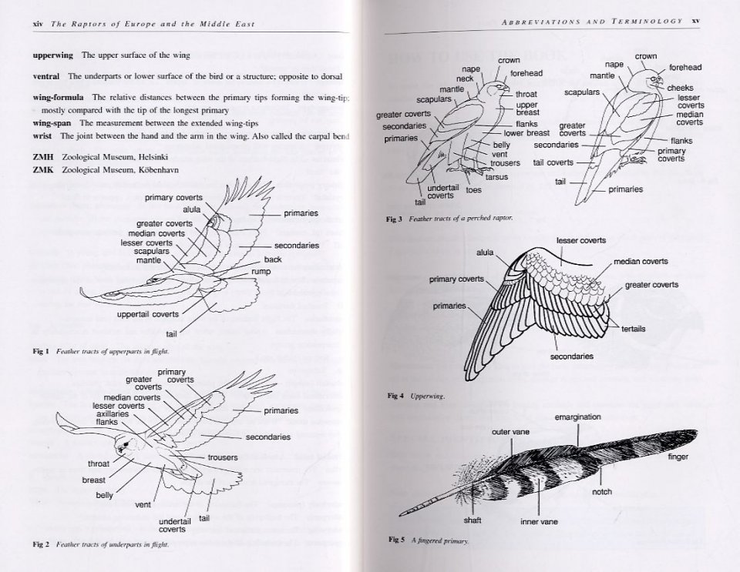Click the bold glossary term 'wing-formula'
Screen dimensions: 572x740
(59, 98)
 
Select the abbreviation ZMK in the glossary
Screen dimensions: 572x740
(43, 169)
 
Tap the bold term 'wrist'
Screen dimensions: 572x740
(42, 136)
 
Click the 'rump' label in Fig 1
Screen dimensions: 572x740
(260, 272)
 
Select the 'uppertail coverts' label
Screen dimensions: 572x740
(148, 314)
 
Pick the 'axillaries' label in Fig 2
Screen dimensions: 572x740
(113, 414)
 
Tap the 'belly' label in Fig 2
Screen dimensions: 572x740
(105, 495)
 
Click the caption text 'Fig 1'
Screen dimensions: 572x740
(41, 352)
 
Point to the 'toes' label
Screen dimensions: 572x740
(473, 189)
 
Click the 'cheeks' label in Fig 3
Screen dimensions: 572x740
(681, 88)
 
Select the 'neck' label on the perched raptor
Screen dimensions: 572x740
(465, 79)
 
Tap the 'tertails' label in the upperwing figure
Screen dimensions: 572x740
(633, 329)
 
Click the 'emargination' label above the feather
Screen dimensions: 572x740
(577, 417)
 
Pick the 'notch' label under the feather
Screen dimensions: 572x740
(602, 492)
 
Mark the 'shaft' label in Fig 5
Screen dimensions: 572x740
(473, 520)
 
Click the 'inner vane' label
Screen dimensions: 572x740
(539, 522)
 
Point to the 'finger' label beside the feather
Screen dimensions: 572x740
(678, 457)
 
